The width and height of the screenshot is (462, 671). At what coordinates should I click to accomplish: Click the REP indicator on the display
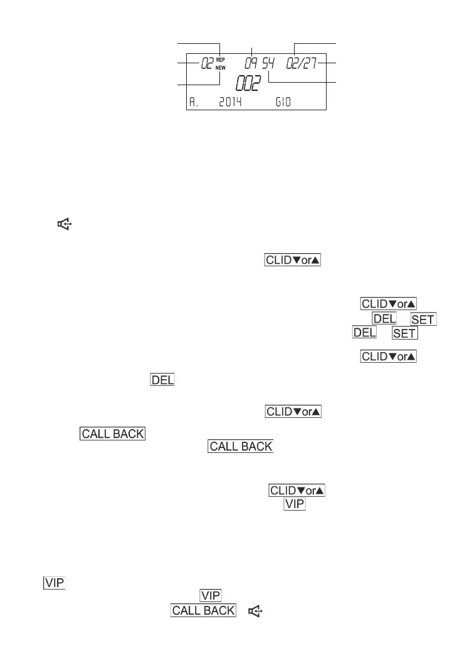point(221,60)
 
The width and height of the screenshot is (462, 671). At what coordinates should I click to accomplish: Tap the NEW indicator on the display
point(221,68)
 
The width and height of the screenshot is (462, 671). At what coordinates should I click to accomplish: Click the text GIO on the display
point(284,102)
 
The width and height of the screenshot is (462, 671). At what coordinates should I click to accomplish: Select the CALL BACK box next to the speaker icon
point(203,610)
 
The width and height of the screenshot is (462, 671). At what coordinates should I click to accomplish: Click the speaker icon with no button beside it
point(64,222)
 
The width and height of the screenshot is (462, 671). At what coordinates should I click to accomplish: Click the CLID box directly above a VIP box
point(297,491)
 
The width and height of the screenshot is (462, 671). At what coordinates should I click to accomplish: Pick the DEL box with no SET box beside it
point(162,380)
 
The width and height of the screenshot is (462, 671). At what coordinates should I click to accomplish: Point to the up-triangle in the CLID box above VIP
point(320,491)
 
